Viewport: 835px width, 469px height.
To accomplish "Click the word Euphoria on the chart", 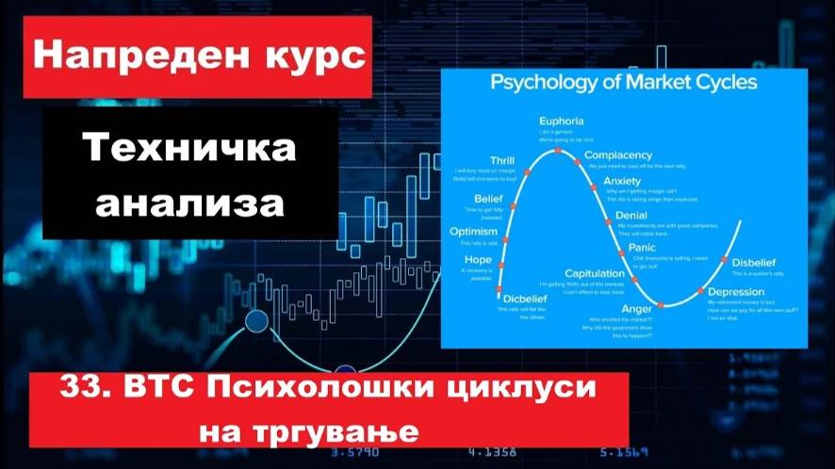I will tap(562, 121).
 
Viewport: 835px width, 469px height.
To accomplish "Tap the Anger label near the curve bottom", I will tap(637, 308).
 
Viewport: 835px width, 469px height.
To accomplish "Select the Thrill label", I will tap(501, 160).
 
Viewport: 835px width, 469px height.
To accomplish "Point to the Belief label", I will tap(489, 199).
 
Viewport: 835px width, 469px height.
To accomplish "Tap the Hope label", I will tap(479, 259).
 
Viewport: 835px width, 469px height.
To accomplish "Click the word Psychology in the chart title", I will tap(543, 83).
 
